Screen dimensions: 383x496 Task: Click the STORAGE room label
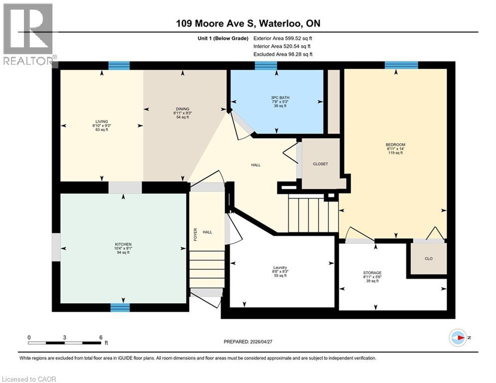[372, 273]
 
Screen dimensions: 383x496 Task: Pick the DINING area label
[182, 109]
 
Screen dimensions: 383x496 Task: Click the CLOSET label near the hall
[321, 164]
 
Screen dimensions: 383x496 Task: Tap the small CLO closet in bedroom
[428, 259]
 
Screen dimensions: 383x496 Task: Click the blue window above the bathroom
[266, 65]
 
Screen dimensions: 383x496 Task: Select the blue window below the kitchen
[119, 307]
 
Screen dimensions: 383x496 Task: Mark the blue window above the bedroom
[401, 65]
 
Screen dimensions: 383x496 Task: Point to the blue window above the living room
[119, 65]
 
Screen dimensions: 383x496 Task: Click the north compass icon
[458, 338]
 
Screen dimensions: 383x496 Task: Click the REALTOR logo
[28, 34]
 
